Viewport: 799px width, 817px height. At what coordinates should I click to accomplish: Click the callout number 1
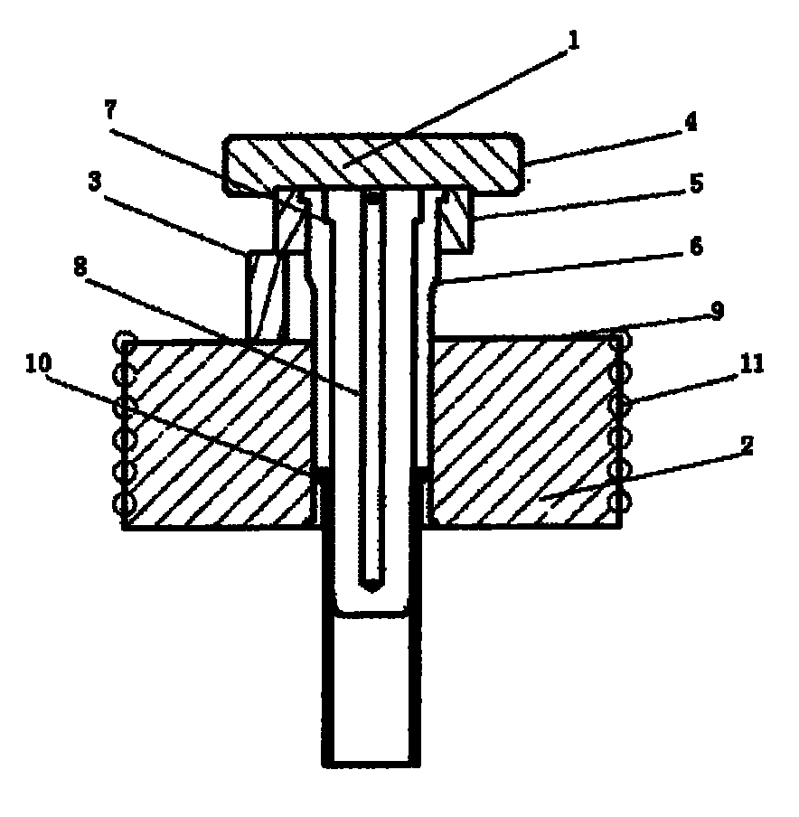(x=572, y=40)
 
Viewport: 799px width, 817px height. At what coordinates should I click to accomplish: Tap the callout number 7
(x=111, y=110)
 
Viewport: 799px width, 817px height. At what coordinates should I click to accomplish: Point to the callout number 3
(x=94, y=182)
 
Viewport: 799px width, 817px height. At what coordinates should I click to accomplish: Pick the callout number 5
(x=696, y=183)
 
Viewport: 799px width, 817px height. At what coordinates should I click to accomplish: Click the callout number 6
(x=696, y=246)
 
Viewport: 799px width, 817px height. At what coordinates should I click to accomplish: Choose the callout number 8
(x=80, y=268)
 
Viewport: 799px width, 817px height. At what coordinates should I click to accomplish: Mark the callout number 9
(x=717, y=311)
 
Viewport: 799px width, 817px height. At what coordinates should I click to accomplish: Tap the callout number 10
(x=38, y=363)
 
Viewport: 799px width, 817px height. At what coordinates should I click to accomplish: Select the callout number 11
(x=752, y=364)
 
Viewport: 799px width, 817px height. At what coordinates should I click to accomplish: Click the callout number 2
(x=747, y=445)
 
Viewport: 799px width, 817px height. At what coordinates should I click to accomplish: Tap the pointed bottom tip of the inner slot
(x=372, y=591)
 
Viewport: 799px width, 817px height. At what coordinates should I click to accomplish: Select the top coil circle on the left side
(x=127, y=342)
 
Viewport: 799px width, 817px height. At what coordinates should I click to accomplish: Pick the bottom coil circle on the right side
(x=621, y=503)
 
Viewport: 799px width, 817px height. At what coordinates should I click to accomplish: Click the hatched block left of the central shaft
(x=219, y=434)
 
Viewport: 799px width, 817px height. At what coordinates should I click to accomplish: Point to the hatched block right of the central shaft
(x=525, y=433)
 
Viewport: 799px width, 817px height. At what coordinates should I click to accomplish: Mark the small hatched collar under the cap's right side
(x=457, y=220)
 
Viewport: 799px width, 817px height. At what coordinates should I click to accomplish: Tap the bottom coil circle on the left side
(x=125, y=504)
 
